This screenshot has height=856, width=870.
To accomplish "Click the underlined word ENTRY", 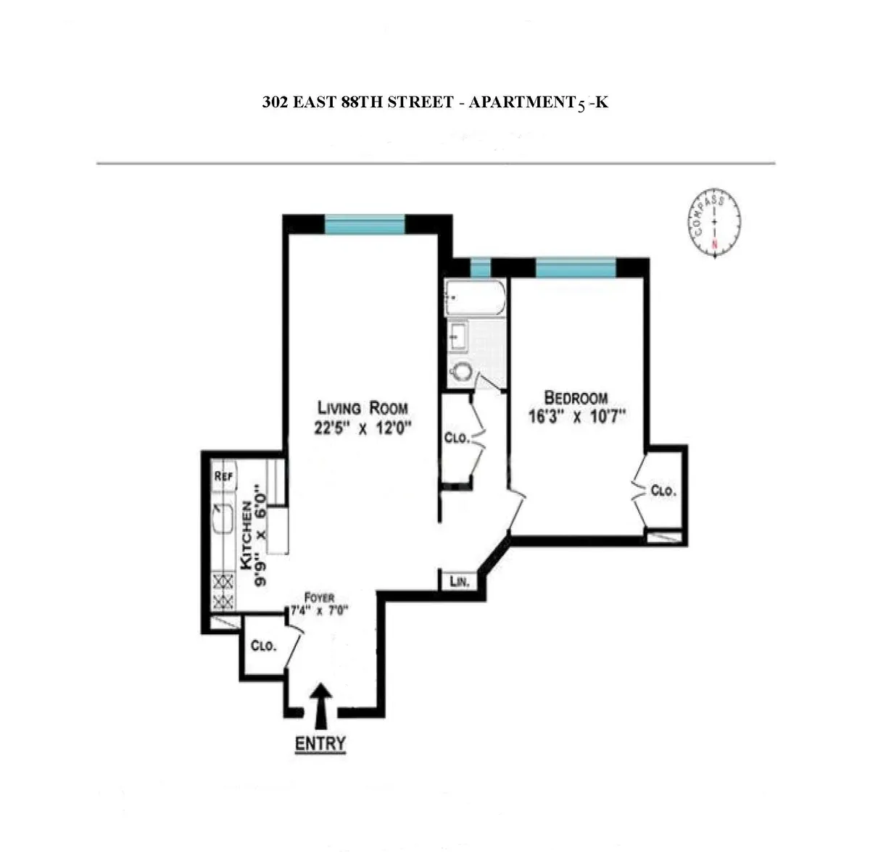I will click(x=320, y=744).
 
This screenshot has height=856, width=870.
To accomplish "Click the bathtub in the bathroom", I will click(x=475, y=298).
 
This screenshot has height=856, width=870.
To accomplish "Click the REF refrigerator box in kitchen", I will click(x=224, y=476).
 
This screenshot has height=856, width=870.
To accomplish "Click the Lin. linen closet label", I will click(x=459, y=581).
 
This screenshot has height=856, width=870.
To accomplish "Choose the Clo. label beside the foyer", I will click(x=263, y=646).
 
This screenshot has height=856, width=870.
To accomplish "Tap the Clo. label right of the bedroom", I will click(x=663, y=491).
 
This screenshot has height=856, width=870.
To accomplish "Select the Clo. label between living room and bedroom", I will click(x=457, y=438).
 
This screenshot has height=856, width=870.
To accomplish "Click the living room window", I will click(x=364, y=225).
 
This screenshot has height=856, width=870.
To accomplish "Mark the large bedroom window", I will click(x=576, y=267).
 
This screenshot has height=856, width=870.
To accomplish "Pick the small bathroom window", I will click(x=480, y=267).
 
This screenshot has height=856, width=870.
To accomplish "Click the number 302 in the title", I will click(x=275, y=103).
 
